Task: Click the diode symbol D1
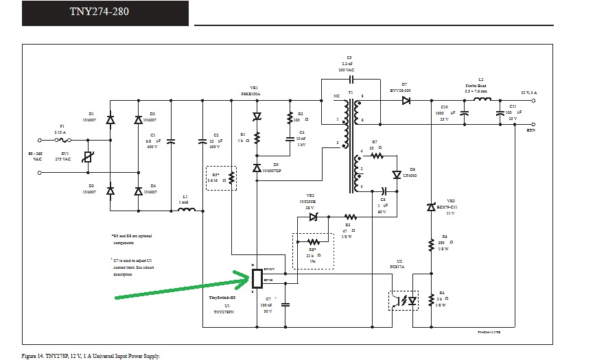click(110, 120)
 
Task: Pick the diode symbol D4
click(139, 191)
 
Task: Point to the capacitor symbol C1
click(170, 141)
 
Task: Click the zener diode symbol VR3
click(432, 206)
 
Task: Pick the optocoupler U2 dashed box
click(404, 300)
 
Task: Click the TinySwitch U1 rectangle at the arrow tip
click(257, 278)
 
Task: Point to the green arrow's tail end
click(117, 298)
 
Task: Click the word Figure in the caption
click(32, 355)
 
